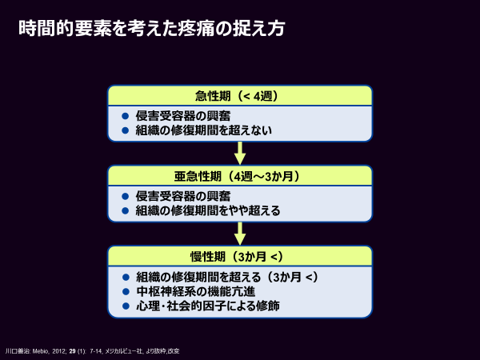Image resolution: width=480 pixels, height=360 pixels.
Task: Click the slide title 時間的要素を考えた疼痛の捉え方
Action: click(x=152, y=28)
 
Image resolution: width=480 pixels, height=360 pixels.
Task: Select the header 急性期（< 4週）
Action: click(x=237, y=96)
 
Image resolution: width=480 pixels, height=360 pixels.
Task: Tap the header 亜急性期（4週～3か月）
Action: click(x=237, y=176)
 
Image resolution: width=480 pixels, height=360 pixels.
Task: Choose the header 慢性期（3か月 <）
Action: click(x=237, y=257)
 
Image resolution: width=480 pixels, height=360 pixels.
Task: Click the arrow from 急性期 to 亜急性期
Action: click(x=240, y=153)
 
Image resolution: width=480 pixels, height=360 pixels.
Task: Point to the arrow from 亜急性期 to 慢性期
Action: click(x=240, y=234)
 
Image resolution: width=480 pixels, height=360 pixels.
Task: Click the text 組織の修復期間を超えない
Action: click(x=204, y=130)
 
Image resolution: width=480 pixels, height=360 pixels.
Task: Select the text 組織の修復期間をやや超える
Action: click(x=208, y=210)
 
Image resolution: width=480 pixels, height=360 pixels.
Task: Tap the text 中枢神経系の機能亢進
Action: click(x=196, y=291)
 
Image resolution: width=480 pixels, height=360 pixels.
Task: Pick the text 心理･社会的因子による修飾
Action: click(x=208, y=306)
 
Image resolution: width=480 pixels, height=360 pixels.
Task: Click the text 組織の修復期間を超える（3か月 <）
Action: click(x=227, y=277)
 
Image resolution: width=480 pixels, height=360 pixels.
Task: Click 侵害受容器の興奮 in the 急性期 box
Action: click(x=183, y=116)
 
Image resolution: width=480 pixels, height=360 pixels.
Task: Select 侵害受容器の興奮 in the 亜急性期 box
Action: click(x=183, y=196)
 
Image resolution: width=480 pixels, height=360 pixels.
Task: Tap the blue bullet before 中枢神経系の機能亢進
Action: click(x=126, y=291)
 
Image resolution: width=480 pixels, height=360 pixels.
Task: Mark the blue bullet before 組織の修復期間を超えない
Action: click(x=126, y=130)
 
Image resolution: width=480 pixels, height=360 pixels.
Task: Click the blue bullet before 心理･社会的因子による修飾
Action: click(x=126, y=306)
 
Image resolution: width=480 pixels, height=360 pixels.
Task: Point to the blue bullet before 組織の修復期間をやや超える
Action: click(x=126, y=210)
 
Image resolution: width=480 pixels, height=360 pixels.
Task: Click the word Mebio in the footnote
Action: click(x=40, y=351)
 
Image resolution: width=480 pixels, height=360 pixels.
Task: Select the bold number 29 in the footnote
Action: click(x=72, y=351)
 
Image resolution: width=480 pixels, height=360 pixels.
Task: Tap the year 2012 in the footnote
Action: click(x=58, y=351)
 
